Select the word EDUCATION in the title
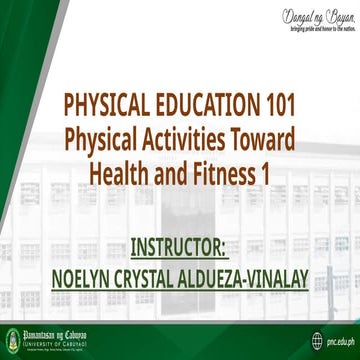[x=210, y=105]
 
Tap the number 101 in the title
[x=279, y=105]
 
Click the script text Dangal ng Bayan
[x=298, y=15]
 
